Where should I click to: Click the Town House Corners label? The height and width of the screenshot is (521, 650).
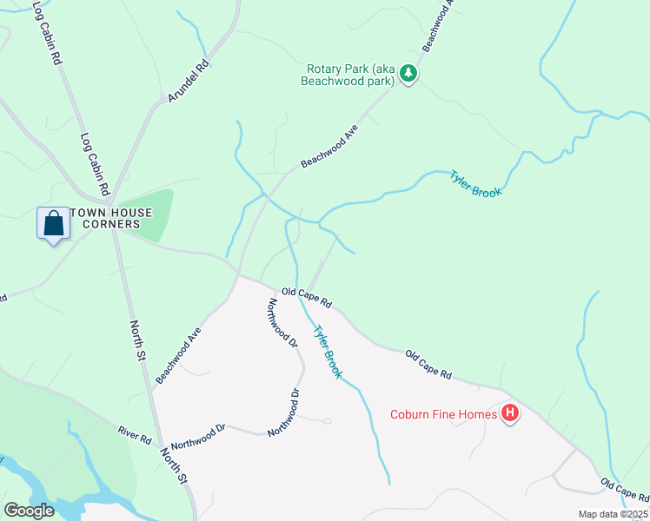pos(111,218)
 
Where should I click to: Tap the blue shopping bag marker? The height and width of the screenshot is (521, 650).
pos(54,223)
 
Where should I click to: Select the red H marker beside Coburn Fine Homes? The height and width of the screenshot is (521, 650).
pos(510,413)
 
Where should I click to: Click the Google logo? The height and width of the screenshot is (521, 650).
pos(30,511)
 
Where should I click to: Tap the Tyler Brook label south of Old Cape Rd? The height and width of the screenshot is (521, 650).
pos(327,351)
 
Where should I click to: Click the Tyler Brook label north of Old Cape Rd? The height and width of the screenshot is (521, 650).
pos(475,184)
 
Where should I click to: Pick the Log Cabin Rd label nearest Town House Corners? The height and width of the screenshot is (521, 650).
pos(95,163)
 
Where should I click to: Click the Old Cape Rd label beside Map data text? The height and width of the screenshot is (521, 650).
pos(624,489)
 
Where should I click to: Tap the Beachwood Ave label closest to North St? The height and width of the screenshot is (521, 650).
pos(178,355)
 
